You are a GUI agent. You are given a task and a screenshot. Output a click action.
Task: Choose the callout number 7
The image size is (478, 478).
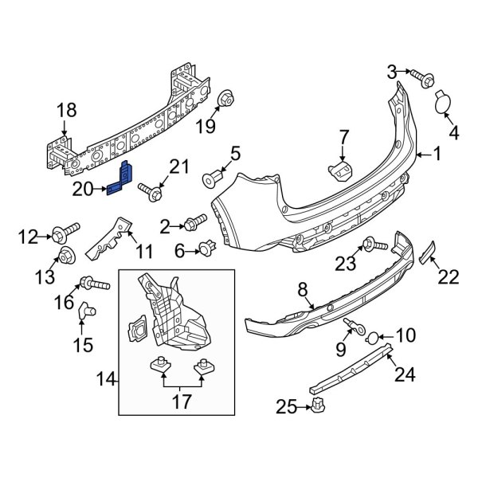[x=343, y=137]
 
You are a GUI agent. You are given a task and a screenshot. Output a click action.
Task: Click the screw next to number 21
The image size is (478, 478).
[x=150, y=191]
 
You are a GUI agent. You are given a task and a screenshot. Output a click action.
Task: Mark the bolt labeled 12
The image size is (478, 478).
[x=61, y=235]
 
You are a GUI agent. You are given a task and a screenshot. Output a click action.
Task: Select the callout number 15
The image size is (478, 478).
[x=83, y=344]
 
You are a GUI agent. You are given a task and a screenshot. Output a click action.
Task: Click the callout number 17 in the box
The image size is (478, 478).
[x=181, y=402]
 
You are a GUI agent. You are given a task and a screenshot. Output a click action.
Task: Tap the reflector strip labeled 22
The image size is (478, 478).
[x=429, y=252]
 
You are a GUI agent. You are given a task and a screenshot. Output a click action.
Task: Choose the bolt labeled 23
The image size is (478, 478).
[x=371, y=244]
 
